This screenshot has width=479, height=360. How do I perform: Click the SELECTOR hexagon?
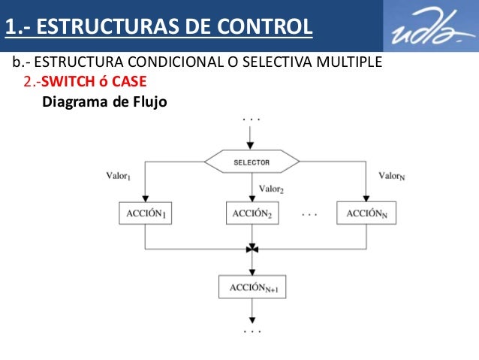(252, 162)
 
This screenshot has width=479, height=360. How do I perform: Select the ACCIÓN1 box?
(144, 213)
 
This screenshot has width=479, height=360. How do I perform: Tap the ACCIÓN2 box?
(252, 213)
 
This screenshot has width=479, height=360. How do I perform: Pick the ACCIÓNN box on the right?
(367, 213)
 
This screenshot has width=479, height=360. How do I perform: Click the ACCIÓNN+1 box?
(252, 287)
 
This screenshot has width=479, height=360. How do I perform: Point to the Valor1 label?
(119, 177)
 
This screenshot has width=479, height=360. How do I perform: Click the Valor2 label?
(271, 189)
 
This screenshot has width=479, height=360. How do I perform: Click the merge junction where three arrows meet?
(252, 248)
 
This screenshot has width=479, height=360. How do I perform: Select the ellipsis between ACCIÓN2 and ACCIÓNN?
(309, 214)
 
